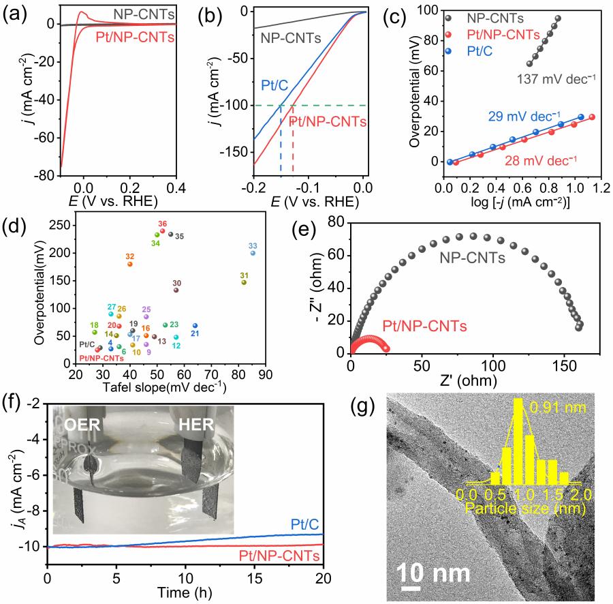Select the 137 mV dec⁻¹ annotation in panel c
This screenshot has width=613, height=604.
point(558,79)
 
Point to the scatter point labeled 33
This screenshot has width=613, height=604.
point(253,253)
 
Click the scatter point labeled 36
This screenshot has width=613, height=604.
point(162,231)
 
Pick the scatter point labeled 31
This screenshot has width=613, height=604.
point(244,282)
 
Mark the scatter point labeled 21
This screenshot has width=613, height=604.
point(195,326)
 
